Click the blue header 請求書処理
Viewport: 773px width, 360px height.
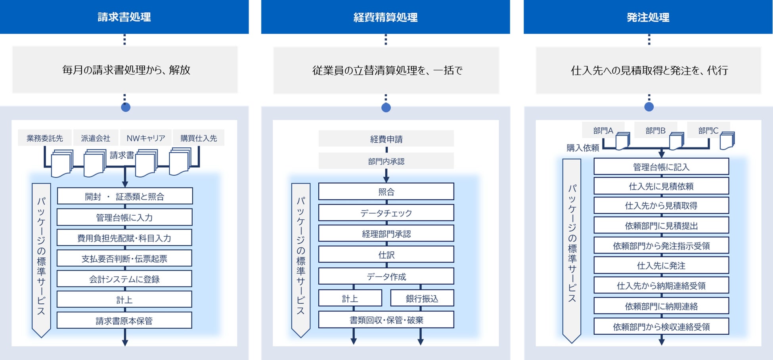(124, 17)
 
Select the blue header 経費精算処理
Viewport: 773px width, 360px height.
(385, 17)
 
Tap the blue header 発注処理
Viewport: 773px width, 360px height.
(648, 17)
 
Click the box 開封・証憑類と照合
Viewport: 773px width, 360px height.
(124, 196)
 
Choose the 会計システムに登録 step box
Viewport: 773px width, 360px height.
(124, 279)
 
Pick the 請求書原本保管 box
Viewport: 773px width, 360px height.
(124, 321)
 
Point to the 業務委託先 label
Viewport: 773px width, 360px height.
(45, 138)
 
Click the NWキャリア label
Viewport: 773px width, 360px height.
(145, 138)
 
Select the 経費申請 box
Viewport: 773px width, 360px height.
(386, 139)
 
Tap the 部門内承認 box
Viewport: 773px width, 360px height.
(386, 161)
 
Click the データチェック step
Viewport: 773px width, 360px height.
(386, 213)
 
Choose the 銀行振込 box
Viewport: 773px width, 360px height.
(422, 299)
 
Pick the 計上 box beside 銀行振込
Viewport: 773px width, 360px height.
(350, 299)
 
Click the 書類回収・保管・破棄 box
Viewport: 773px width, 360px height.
(386, 320)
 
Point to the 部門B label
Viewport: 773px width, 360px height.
(655, 130)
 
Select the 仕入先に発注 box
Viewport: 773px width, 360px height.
(661, 266)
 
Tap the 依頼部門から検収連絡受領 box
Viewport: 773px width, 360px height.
(661, 327)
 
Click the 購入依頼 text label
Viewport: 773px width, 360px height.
(582, 148)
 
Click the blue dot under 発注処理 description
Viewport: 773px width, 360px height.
(649, 107)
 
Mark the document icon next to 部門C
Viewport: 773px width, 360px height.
(727, 141)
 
